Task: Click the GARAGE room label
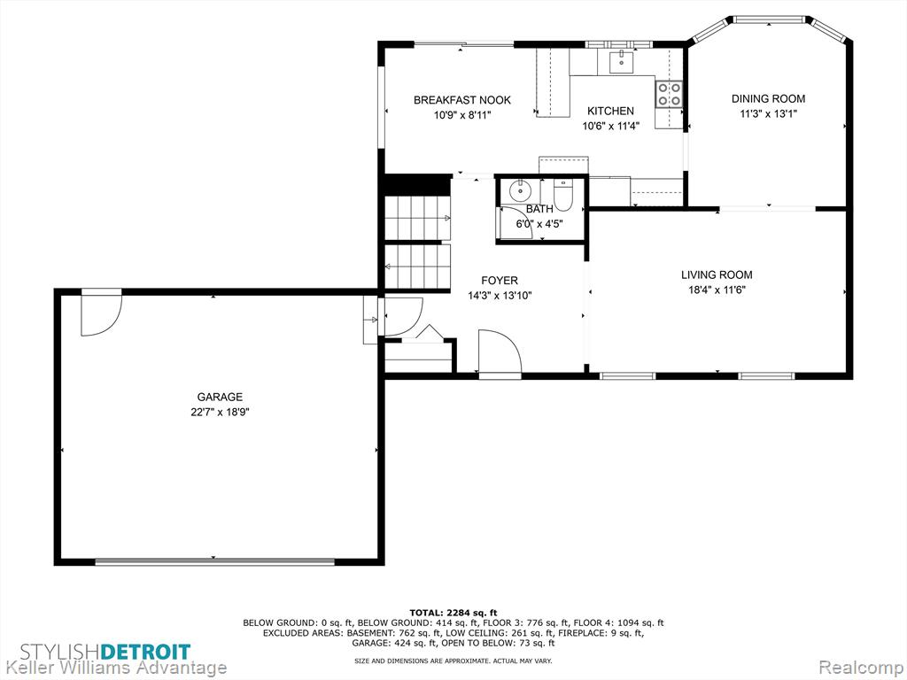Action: [220, 398]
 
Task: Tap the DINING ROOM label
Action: [768, 99]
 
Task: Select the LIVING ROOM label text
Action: [717, 275]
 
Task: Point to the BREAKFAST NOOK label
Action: [462, 100]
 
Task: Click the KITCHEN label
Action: [611, 111]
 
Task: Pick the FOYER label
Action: [500, 281]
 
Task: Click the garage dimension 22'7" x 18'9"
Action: [220, 413]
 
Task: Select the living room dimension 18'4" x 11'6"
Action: [717, 290]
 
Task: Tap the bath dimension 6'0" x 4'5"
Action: [539, 224]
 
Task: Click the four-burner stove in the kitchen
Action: [669, 94]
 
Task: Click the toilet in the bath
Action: [562, 194]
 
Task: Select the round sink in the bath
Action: [521, 189]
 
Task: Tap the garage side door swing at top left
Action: [101, 313]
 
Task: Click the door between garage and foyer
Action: [403, 316]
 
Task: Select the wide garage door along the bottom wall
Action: [214, 561]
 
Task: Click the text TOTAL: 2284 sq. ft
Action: [453, 613]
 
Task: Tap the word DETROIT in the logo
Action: [146, 653]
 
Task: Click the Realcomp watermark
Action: [861, 668]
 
